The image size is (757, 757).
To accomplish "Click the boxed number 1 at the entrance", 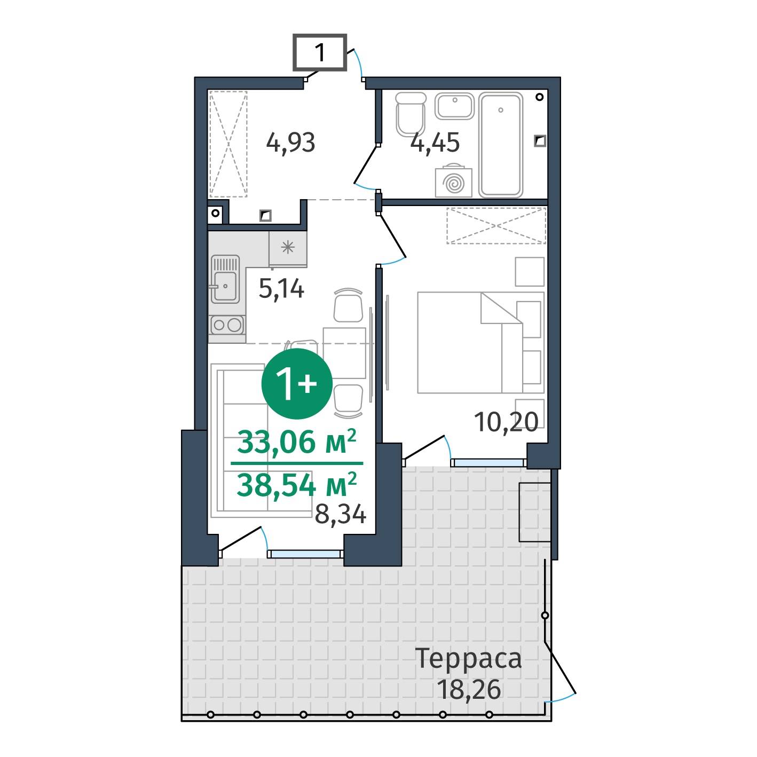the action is pyautogui.click(x=319, y=52).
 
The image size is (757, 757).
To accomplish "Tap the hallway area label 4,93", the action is pyautogui.click(x=290, y=143).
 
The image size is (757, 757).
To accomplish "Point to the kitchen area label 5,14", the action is pyautogui.click(x=281, y=289).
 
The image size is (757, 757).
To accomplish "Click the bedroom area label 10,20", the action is pyautogui.click(x=506, y=422).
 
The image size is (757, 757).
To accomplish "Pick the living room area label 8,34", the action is pyautogui.click(x=340, y=514).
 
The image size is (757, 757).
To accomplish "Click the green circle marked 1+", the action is pyautogui.click(x=297, y=383).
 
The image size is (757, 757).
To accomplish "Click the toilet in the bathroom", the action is pyautogui.click(x=411, y=114).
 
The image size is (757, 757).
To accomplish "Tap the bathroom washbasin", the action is pyautogui.click(x=454, y=106).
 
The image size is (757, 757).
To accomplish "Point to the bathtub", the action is pyautogui.click(x=500, y=145).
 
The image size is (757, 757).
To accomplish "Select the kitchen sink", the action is pyautogui.click(x=225, y=279).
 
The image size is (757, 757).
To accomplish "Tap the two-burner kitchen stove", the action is pyautogui.click(x=227, y=325).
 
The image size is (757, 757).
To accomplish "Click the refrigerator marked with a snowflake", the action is pyautogui.click(x=288, y=248).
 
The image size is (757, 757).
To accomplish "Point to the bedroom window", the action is pyautogui.click(x=488, y=463).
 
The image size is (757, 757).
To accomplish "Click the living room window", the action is pyautogui.click(x=305, y=554).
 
